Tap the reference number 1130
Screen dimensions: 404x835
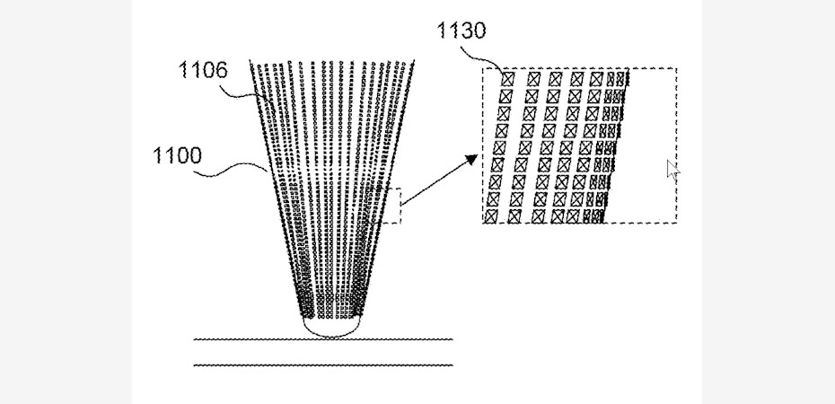pyautogui.click(x=461, y=32)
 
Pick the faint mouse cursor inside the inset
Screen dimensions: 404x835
pyautogui.click(x=672, y=171)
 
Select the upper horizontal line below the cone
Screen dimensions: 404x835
pyautogui.click(x=323, y=339)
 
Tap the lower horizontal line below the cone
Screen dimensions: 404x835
pyautogui.click(x=323, y=364)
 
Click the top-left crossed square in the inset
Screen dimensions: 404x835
pyautogui.click(x=507, y=79)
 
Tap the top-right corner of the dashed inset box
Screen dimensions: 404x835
pyautogui.click(x=676, y=68)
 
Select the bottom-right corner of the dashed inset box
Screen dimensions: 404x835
pyautogui.click(x=676, y=222)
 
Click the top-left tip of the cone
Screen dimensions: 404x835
pyautogui.click(x=251, y=63)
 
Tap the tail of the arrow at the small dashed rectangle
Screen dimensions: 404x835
pyautogui.click(x=403, y=206)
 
